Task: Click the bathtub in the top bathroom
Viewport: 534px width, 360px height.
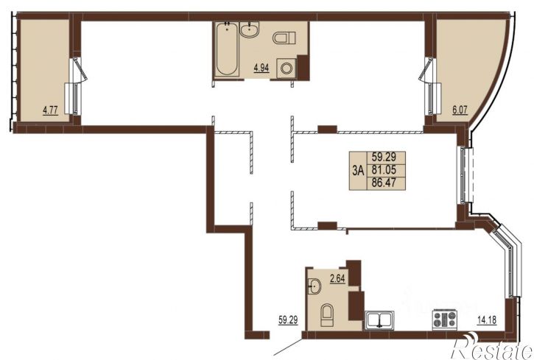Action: coord(226,49)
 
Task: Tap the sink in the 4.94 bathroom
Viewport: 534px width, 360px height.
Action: coord(249,29)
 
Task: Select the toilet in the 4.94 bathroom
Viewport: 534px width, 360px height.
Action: coord(284,38)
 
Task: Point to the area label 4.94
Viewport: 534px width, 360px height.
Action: coord(261,68)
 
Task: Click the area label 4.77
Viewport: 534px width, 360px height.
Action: coord(50,110)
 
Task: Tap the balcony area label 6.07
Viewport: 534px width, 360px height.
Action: coord(460,110)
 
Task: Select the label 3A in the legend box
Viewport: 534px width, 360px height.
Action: coord(358,171)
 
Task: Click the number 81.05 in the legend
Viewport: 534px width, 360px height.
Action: coord(384,169)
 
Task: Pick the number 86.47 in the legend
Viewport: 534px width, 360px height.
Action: coord(384,183)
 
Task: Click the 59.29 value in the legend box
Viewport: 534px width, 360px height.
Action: coord(384,157)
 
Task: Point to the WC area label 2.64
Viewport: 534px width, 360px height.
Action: coord(337,279)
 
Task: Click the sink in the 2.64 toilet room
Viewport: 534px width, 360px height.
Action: coord(315,286)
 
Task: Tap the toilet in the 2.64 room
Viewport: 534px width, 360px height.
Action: coord(327,315)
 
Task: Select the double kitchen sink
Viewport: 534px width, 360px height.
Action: coord(379,320)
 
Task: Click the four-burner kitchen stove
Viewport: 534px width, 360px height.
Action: coord(444,320)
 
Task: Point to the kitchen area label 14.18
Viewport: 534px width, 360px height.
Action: coord(487,320)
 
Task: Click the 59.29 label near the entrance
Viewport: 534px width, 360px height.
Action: coord(288,320)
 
